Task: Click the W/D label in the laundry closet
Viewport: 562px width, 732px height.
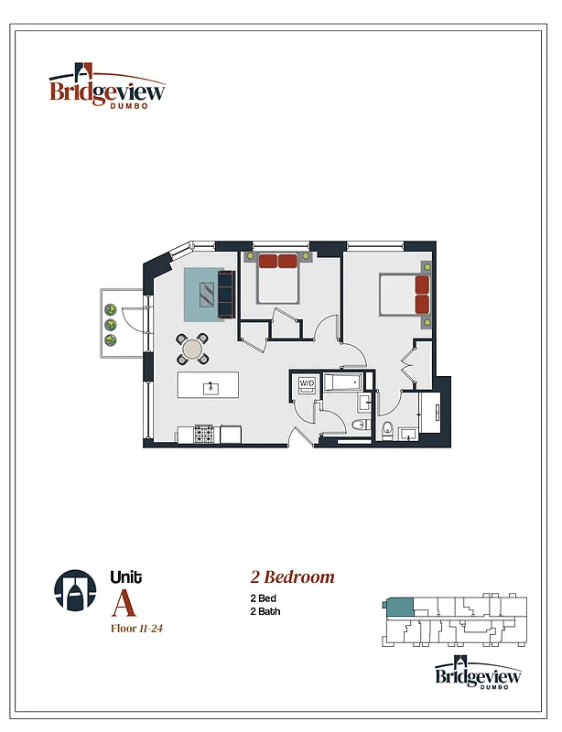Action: click(x=307, y=383)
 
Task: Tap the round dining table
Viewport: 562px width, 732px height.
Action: click(x=193, y=349)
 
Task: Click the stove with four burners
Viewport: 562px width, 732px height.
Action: click(x=204, y=435)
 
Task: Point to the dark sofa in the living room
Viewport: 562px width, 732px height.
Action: click(x=226, y=293)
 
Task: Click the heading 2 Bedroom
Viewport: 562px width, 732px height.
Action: click(x=293, y=577)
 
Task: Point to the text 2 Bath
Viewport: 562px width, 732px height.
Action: click(x=265, y=611)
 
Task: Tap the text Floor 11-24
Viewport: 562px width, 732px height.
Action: click(x=136, y=629)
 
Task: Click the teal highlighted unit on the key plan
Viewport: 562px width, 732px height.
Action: click(x=400, y=606)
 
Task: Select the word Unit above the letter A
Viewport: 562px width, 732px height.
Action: click(x=125, y=576)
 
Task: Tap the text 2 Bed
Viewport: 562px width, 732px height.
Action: click(x=264, y=597)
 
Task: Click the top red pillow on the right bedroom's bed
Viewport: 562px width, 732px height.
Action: click(x=422, y=284)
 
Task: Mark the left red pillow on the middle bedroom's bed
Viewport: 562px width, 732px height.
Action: click(x=267, y=261)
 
